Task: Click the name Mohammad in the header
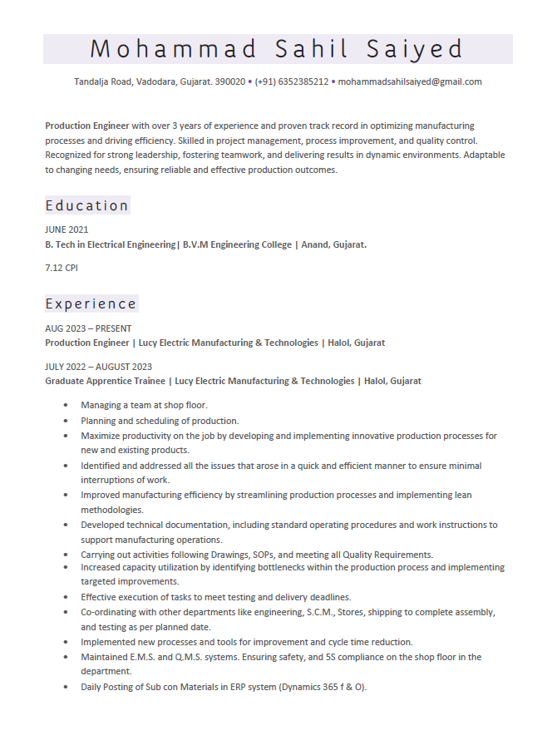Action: click(174, 49)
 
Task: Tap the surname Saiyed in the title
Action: click(415, 49)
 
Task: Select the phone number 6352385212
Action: click(303, 81)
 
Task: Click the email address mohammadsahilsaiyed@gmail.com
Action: click(410, 81)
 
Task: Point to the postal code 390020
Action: click(229, 81)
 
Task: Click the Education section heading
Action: click(87, 205)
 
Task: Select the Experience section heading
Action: click(91, 303)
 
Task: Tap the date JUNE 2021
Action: click(67, 229)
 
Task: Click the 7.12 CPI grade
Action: click(62, 268)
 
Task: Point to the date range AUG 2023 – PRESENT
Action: click(88, 328)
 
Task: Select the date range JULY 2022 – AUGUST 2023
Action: click(98, 367)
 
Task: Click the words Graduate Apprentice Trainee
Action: click(104, 381)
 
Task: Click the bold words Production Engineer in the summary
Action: click(86, 126)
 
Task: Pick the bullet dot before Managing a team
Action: click(66, 405)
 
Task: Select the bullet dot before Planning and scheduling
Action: click(66, 421)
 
